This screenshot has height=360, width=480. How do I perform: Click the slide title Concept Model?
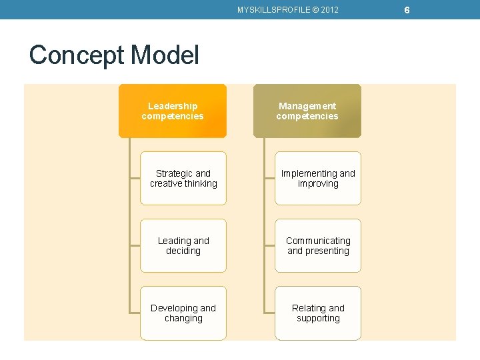tap(114, 55)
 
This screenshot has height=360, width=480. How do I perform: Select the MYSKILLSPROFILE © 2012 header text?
tap(288, 9)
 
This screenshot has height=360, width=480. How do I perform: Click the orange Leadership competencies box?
tap(173, 111)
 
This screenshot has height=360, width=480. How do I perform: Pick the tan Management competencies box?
tap(307, 111)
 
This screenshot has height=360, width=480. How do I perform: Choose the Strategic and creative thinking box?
tap(183, 178)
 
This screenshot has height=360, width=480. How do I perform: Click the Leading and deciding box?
tap(183, 245)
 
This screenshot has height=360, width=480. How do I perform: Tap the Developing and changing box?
tap(183, 313)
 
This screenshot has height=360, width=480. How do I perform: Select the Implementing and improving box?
tap(318, 178)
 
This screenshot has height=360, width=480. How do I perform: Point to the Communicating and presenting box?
tap(318, 245)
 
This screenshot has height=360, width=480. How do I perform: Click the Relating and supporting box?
tap(318, 313)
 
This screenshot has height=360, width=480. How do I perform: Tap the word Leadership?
tap(173, 106)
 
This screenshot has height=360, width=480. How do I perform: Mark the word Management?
tap(307, 106)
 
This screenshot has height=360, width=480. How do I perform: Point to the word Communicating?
tap(318, 241)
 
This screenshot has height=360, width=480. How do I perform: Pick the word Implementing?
tap(309, 173)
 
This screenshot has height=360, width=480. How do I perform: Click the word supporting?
tap(318, 319)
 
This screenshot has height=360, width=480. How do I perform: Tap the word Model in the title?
tap(167, 55)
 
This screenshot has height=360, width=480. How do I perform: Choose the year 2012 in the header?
tap(329, 9)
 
